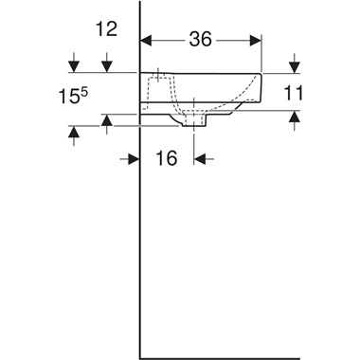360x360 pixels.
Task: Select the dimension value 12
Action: coord(106,29)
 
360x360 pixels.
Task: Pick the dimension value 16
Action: coord(167,158)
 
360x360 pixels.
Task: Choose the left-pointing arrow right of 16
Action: coord(201,158)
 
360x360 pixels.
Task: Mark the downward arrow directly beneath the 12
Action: coord(108,65)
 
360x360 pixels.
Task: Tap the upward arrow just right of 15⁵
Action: coord(108,119)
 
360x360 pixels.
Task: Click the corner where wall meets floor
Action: coord(141,358)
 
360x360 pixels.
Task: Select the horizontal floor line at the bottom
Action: coord(246,358)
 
